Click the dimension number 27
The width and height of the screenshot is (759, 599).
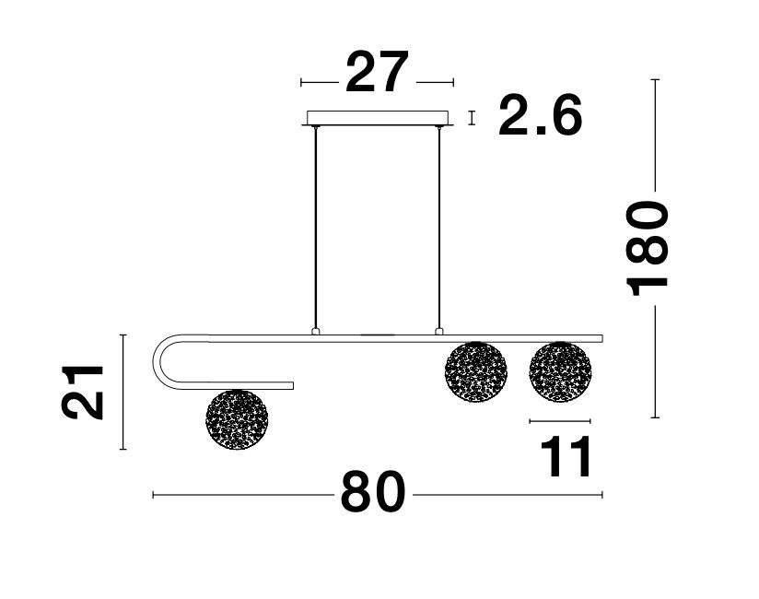(377, 72)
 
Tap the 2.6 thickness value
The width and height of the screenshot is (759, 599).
(540, 115)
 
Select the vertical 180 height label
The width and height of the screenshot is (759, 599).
(648, 248)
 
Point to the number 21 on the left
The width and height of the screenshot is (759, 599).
(83, 393)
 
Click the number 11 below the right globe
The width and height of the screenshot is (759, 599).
(566, 456)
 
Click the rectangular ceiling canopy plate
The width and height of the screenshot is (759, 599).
(378, 118)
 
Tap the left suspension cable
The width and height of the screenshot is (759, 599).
(316, 228)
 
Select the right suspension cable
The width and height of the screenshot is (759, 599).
(439, 228)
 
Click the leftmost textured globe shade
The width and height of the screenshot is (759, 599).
(237, 420)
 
